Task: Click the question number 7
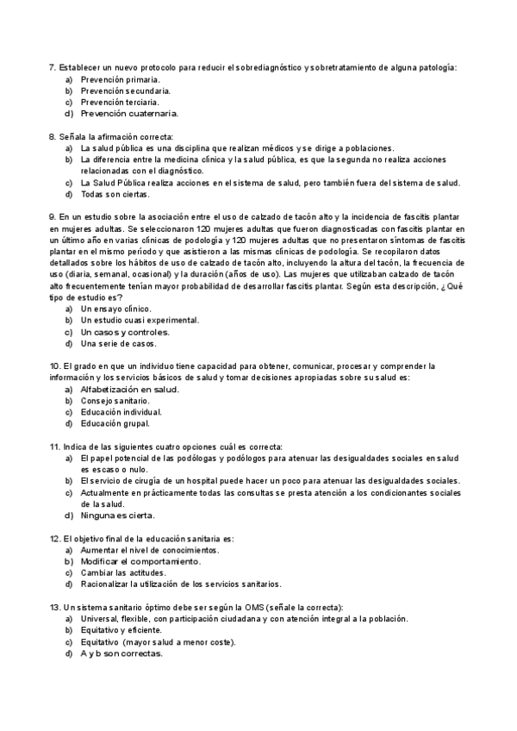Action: click(52, 67)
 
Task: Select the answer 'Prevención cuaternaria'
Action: click(130, 113)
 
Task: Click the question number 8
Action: click(52, 136)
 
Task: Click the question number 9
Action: click(52, 216)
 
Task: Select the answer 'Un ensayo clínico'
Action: click(116, 309)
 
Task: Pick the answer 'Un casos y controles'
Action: click(125, 331)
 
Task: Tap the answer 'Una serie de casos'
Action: click(119, 343)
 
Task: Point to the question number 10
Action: click(54, 365)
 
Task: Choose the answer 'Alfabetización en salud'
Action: click(130, 389)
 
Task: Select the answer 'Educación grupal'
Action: click(115, 423)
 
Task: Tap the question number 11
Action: click(54, 447)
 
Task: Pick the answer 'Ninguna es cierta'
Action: click(118, 515)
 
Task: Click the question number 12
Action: click(54, 538)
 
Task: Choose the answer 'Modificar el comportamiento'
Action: click(141, 561)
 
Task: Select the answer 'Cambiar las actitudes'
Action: click(123, 572)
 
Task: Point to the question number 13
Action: click(54, 607)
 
